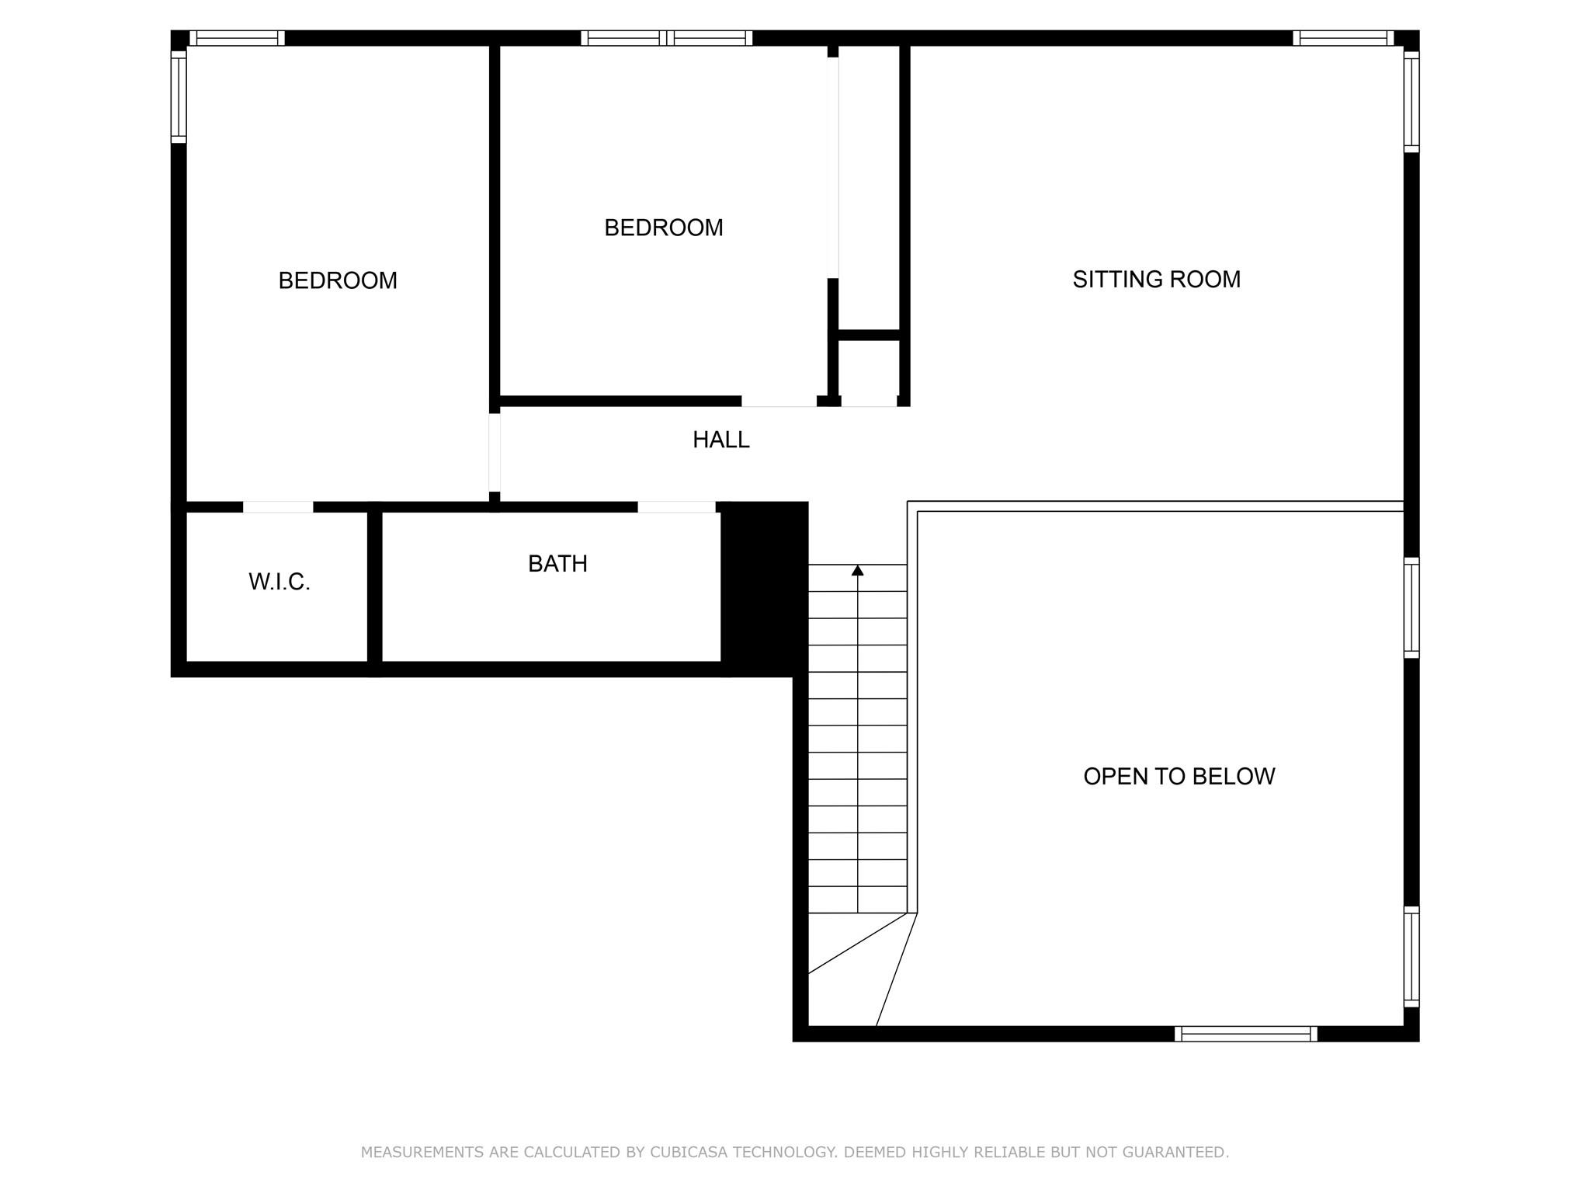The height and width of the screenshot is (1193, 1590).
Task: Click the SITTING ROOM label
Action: (x=1156, y=280)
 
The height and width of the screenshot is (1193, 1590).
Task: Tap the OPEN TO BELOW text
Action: (x=1179, y=777)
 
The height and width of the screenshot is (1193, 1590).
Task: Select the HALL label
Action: (x=720, y=440)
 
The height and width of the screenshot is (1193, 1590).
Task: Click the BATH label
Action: (x=557, y=564)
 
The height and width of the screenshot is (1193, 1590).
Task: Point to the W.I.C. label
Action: (x=279, y=582)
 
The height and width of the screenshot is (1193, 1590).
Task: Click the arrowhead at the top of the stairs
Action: (x=857, y=571)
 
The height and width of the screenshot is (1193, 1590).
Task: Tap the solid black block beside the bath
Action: (x=765, y=589)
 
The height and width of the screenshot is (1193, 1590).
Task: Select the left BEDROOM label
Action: (x=338, y=280)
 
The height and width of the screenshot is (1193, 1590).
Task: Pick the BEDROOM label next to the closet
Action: (x=663, y=228)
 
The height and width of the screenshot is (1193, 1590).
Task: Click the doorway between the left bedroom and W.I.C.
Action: (x=278, y=507)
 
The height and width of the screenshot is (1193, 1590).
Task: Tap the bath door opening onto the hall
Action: (x=676, y=507)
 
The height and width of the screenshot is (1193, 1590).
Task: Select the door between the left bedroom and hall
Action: (x=495, y=452)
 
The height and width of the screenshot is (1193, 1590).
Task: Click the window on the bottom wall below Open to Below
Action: (x=1245, y=1034)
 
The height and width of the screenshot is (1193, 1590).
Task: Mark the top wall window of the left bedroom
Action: (x=237, y=38)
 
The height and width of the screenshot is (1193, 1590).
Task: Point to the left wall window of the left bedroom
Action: (x=179, y=97)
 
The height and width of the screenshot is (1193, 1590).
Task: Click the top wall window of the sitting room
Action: (x=1343, y=38)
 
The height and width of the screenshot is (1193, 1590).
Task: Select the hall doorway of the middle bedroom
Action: (x=779, y=402)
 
